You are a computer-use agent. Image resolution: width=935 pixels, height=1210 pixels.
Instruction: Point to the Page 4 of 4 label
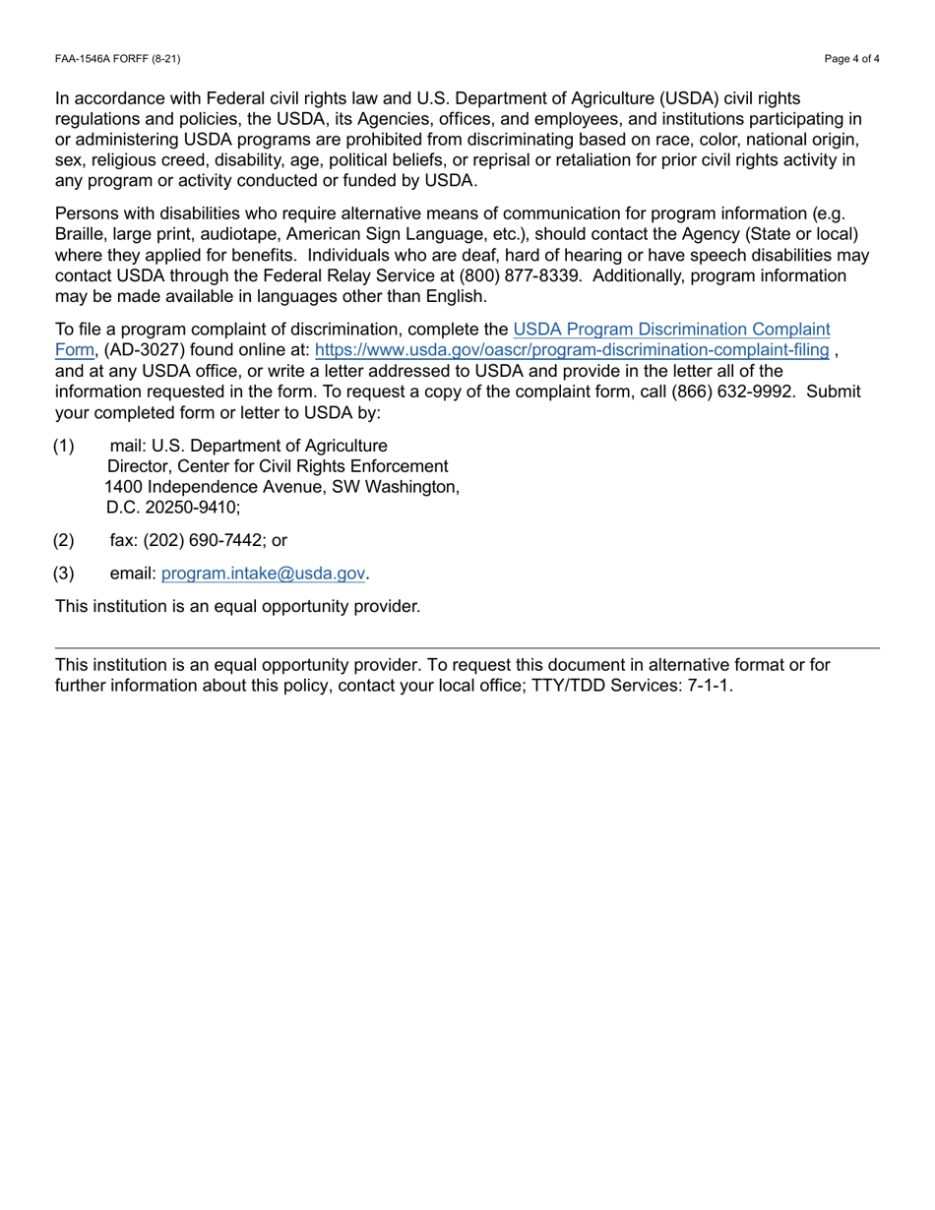coord(852,59)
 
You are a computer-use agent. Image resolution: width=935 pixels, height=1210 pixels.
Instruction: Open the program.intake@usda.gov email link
coord(263,573)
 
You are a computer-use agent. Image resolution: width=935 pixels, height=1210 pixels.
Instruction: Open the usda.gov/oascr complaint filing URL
coord(571,349)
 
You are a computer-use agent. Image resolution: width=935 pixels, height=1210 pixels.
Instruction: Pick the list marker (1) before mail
coord(64,446)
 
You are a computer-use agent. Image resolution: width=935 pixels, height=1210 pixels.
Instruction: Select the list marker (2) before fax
coord(64,540)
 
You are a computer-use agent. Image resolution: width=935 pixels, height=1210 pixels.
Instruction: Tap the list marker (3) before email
coord(64,573)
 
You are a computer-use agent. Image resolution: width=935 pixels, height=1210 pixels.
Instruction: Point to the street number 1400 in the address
coord(123,487)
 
